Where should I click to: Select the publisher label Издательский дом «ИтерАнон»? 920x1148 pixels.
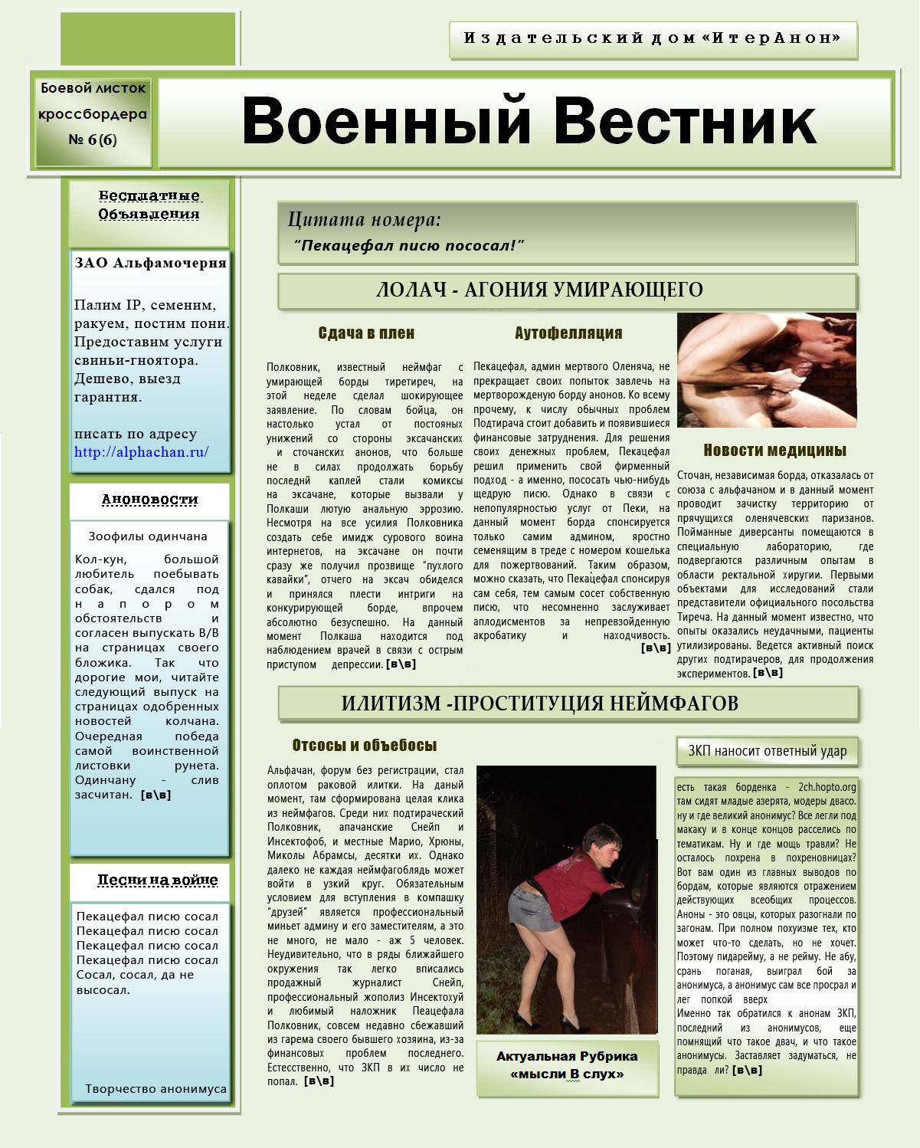click(653, 38)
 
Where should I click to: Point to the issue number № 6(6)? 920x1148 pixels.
click(93, 139)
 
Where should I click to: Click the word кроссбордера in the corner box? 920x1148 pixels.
click(93, 114)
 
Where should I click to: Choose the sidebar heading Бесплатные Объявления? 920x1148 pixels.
click(149, 205)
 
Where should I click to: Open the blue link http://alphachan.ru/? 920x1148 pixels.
click(141, 452)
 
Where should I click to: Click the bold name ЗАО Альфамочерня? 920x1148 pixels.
click(151, 263)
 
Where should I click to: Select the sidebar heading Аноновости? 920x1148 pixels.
click(150, 500)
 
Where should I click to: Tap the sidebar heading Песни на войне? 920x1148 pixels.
click(157, 880)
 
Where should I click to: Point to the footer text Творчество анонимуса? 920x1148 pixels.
click(156, 1088)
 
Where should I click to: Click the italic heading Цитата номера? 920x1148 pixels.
click(365, 221)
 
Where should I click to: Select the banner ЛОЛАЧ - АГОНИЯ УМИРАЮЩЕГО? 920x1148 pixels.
click(539, 290)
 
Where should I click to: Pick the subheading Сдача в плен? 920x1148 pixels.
click(366, 333)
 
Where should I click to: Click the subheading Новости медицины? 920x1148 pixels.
click(774, 450)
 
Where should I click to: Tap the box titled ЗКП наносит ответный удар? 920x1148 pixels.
click(768, 751)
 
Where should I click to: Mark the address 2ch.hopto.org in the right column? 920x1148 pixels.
click(827, 786)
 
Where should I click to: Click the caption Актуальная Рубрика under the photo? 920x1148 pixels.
click(567, 1057)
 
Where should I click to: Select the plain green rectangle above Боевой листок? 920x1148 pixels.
click(148, 38)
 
